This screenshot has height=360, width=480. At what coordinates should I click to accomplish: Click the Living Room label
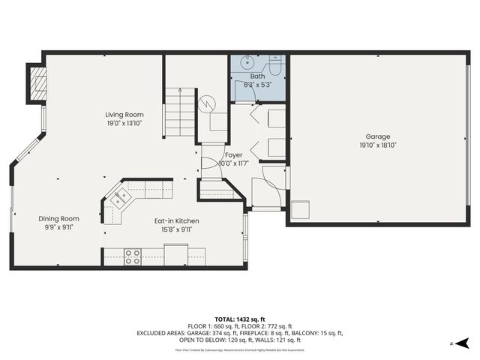[124, 115]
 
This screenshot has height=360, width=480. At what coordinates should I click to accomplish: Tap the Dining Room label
[59, 219]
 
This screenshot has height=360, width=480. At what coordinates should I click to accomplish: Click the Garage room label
[378, 136]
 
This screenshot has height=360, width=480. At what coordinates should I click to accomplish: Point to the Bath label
[257, 76]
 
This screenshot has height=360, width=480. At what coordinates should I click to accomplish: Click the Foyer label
[233, 155]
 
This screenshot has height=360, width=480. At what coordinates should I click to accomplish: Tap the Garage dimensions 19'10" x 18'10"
[378, 145]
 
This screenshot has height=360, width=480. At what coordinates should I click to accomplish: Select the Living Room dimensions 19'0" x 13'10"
[124, 123]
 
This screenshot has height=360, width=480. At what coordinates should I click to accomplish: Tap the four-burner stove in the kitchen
[132, 256]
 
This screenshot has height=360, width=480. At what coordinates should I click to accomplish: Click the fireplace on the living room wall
[37, 83]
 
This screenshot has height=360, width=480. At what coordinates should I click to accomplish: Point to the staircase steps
[179, 112]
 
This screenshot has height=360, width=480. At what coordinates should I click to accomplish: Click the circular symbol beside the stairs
[208, 103]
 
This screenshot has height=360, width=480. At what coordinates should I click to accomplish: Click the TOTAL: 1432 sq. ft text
[240, 319]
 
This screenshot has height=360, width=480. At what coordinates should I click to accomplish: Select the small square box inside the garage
[301, 211]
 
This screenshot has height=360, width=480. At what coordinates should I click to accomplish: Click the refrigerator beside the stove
[175, 256]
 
